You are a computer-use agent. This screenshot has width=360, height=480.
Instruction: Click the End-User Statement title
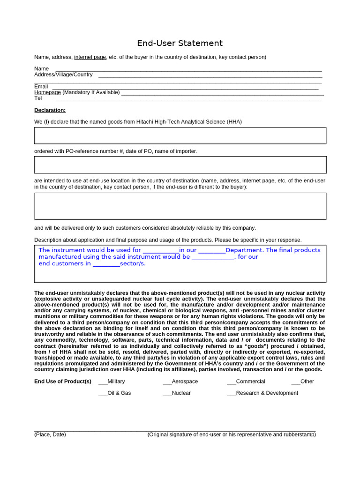tap(180, 43)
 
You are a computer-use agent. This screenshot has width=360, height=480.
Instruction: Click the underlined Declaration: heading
tap(50, 110)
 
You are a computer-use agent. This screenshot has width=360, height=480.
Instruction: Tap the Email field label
tap(41, 87)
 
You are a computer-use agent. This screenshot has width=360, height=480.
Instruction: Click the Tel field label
tap(38, 98)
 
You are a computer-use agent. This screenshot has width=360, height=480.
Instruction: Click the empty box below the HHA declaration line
tap(180, 135)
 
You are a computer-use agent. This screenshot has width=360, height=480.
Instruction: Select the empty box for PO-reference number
tap(180, 165)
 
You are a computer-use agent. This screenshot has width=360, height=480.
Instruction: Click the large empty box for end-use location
tap(180, 206)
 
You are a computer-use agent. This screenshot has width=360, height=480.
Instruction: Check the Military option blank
tap(103, 382)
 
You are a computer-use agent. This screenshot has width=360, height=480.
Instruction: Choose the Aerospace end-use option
tap(167, 382)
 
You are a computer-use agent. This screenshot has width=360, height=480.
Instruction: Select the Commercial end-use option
tap(232, 382)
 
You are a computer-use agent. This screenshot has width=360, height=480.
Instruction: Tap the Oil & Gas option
tap(103, 393)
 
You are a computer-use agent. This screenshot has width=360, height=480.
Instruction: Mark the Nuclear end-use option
tap(167, 393)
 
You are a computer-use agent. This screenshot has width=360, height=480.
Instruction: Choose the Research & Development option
tap(232, 393)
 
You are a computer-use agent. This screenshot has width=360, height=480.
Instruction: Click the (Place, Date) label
tap(50, 435)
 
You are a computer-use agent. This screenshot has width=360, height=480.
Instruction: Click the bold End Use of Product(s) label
tap(63, 382)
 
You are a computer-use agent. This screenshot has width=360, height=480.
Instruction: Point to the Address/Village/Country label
tap(63, 75)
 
